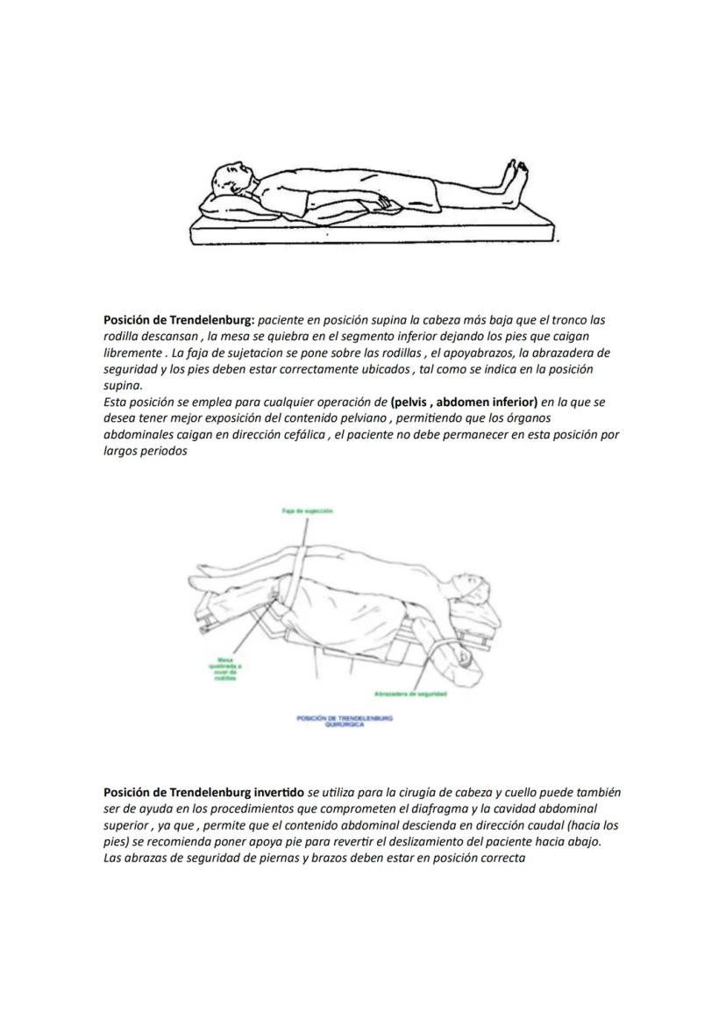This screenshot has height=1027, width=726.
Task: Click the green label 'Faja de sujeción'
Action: (x=307, y=510)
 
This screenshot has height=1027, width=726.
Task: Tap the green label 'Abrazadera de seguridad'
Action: (x=409, y=694)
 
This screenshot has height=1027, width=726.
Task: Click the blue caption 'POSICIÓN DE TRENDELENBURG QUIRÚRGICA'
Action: (x=345, y=720)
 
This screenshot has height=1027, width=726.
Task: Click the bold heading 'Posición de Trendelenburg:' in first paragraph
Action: (x=179, y=320)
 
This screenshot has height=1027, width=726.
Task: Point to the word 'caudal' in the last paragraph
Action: (x=541, y=825)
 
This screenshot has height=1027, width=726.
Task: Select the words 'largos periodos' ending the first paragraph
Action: (x=146, y=451)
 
